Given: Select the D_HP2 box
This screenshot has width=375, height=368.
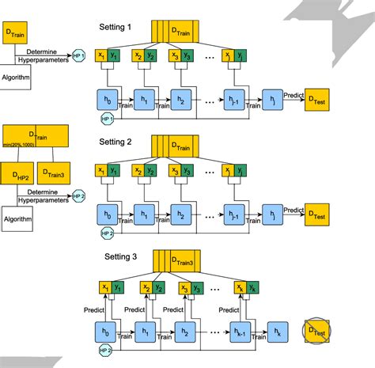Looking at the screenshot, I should pyautogui.click(x=17, y=173).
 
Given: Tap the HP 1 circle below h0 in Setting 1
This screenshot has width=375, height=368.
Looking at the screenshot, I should pyautogui.click(x=107, y=118).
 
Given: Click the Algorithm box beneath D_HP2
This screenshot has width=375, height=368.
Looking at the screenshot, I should pyautogui.click(x=17, y=218).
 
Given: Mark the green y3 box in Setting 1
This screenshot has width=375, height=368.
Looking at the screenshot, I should pyautogui.click(x=187, y=56).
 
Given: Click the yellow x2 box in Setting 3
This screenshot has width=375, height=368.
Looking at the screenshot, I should pyautogui.click(x=147, y=288).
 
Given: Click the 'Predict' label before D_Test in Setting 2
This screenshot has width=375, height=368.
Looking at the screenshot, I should pyautogui.click(x=294, y=210).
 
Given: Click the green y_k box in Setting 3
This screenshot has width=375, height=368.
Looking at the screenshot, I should pyautogui.click(x=252, y=288).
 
